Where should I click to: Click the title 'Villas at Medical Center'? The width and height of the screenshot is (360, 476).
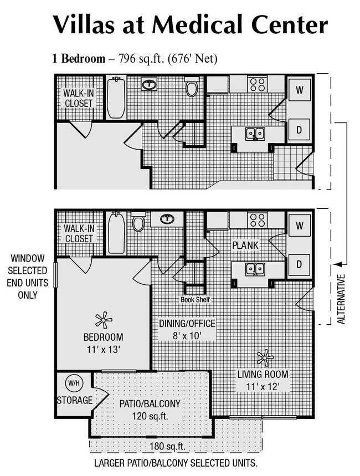[190, 25]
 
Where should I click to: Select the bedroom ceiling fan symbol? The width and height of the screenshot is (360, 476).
[103, 320]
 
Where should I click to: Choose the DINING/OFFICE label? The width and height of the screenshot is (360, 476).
[187, 329]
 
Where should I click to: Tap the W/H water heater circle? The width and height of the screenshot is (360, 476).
[74, 383]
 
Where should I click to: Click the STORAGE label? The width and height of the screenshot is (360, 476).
[74, 400]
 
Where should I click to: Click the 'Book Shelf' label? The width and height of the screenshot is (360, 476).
[194, 300]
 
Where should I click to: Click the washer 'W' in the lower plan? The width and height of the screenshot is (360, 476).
[299, 226]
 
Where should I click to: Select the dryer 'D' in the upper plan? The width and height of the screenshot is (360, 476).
[299, 129]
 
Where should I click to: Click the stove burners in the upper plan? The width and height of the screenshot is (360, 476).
[258, 84]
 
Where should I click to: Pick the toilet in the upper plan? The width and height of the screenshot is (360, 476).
[192, 88]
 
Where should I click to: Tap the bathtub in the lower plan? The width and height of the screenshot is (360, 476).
[116, 233]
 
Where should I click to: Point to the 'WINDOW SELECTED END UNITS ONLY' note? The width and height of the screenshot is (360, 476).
[27, 277]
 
